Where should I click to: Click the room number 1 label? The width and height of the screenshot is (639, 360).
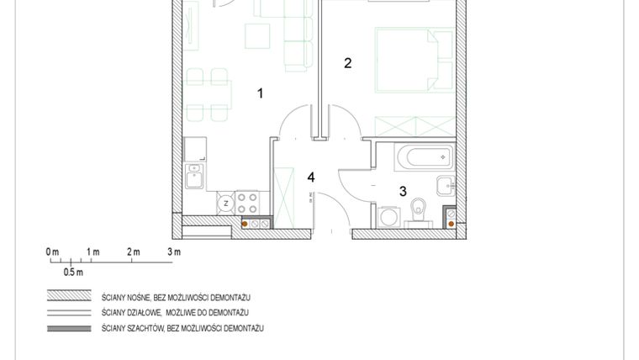[x=261, y=93]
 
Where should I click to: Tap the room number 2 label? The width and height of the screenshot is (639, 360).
[x=347, y=62]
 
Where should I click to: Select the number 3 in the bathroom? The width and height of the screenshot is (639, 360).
[x=403, y=191]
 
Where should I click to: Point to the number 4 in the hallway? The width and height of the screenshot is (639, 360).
[x=311, y=177]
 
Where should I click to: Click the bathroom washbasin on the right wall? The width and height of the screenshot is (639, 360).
[x=444, y=185]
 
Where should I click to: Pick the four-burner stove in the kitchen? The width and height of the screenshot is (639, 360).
[x=248, y=202]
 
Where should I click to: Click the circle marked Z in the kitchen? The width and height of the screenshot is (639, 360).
[x=226, y=202]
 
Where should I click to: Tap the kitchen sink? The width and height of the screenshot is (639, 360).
[x=194, y=177]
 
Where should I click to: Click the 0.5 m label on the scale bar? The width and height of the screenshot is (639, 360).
[x=73, y=272]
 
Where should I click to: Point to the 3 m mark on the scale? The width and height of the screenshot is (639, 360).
[x=174, y=251]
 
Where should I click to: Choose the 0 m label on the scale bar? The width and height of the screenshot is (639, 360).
[x=52, y=251]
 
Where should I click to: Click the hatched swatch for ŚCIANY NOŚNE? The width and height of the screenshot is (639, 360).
[x=70, y=297]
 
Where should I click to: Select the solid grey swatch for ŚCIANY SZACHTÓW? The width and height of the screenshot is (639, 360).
[x=70, y=327]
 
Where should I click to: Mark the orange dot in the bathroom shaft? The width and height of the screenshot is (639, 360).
[x=451, y=223]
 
